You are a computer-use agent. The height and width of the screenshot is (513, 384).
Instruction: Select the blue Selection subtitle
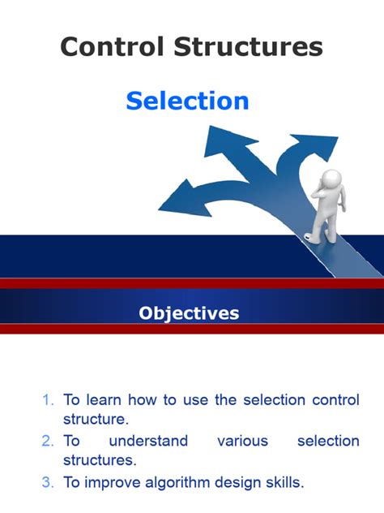pyautogui.click(x=187, y=101)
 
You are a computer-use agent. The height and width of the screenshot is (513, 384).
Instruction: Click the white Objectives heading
pyautogui.click(x=189, y=313)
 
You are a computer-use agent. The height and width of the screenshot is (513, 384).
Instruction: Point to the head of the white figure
pyautogui.click(x=331, y=181)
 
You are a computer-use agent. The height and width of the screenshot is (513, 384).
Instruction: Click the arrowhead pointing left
pyautogui.click(x=177, y=199)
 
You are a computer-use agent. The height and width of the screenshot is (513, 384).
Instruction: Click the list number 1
pyautogui.click(x=49, y=399)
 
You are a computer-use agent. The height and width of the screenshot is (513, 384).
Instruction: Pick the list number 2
pyautogui.click(x=49, y=441)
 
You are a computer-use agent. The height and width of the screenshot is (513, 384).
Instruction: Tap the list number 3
pyautogui.click(x=49, y=482)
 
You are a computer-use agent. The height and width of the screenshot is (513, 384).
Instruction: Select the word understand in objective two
pyautogui.click(x=148, y=441)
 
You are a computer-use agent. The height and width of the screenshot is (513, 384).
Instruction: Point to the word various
pyautogui.click(x=243, y=441)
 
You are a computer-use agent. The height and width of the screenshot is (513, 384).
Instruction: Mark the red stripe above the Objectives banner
pyautogui.click(x=192, y=283)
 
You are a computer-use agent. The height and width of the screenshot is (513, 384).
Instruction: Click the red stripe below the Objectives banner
pyautogui.click(x=192, y=330)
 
